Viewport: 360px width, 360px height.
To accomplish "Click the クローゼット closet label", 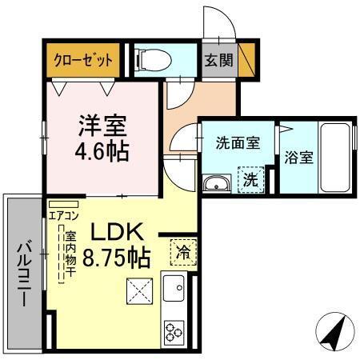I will [x=82, y=59].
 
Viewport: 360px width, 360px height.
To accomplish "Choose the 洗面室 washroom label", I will [x=237, y=143].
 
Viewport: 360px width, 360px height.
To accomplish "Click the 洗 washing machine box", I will [x=250, y=179].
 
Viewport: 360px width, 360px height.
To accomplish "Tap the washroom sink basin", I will [x=216, y=185].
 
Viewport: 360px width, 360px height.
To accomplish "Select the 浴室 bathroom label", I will [x=298, y=157].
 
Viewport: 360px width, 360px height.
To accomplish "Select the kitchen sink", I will [x=174, y=286].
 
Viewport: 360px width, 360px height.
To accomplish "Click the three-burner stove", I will [x=174, y=330].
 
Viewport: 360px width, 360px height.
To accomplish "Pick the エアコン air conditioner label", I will [x=64, y=214].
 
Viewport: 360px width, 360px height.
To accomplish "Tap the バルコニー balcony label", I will [x=23, y=273].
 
